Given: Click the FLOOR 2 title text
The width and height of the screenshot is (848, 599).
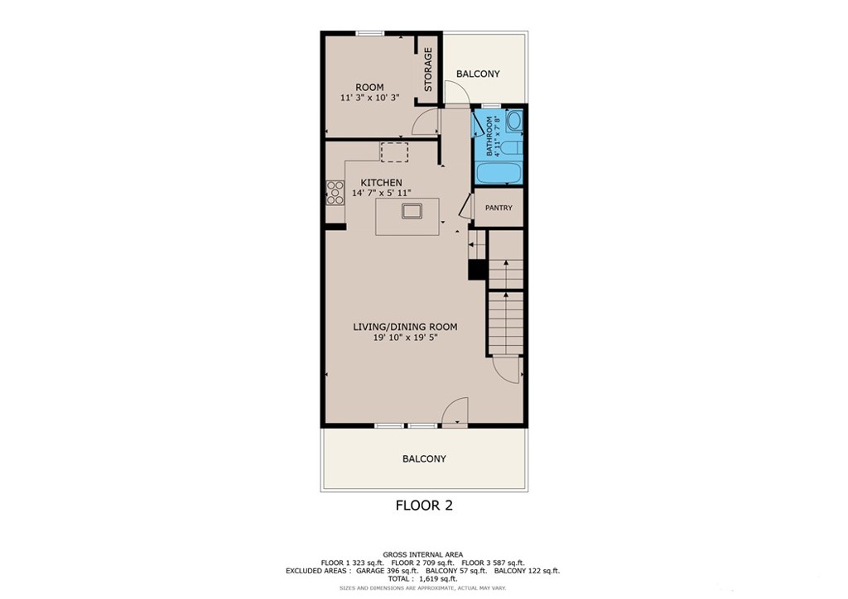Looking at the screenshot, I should [x=424, y=505].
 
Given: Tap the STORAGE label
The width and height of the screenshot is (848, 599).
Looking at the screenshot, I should [x=428, y=69].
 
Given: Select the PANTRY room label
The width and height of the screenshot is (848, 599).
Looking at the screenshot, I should [x=499, y=208].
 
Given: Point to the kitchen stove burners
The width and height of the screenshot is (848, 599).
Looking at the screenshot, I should [x=335, y=193].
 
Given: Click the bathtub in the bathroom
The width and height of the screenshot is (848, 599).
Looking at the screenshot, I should [x=499, y=174].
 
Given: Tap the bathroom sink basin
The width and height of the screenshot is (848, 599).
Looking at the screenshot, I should [x=513, y=122].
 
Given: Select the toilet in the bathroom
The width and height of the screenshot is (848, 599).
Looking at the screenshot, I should [x=513, y=148].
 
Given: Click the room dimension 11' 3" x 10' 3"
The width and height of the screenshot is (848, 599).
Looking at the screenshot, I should [x=369, y=98].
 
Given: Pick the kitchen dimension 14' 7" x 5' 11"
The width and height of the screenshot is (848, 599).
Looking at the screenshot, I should [x=382, y=193].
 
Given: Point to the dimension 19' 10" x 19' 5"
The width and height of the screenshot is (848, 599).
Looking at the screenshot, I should [x=405, y=338].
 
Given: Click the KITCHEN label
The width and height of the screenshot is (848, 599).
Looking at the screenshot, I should [x=381, y=183].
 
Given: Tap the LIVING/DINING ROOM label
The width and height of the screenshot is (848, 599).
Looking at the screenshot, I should [x=405, y=327].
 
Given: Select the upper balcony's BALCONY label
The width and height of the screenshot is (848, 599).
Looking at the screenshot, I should [x=478, y=74].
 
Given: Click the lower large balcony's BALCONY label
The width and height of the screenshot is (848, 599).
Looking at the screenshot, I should [x=424, y=458].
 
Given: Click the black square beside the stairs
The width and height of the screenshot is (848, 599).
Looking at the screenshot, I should [x=477, y=271].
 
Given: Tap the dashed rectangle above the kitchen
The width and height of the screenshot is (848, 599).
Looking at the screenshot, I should [x=394, y=152].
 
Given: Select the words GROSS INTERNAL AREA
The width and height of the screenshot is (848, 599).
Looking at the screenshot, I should [x=422, y=554].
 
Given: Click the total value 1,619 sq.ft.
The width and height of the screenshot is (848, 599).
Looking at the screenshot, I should [x=441, y=579].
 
